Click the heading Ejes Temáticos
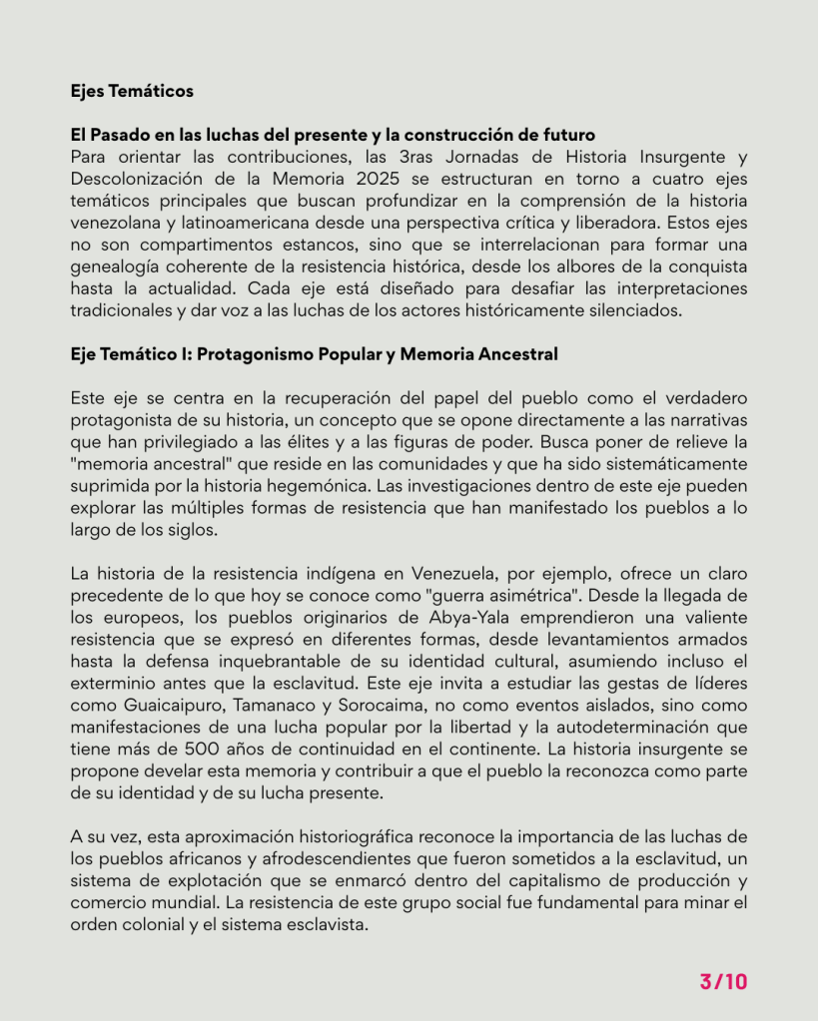coord(132,91)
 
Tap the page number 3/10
coord(723,981)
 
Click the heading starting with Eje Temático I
coord(314,354)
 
